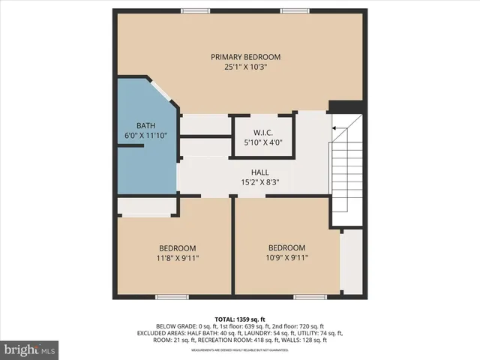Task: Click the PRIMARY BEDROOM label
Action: point(245,57)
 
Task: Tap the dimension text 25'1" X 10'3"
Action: point(245,67)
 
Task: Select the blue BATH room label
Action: point(145,125)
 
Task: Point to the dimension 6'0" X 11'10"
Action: point(145,135)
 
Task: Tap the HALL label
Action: point(259,172)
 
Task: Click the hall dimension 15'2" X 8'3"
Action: point(259,181)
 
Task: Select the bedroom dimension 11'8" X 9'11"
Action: point(177,258)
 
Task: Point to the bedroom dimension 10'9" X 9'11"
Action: point(287,257)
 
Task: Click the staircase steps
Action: point(346,172)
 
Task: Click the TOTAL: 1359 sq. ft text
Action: point(240,319)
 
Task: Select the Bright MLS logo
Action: point(29,349)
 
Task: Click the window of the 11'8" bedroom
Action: point(172,297)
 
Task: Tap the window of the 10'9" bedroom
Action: point(310,297)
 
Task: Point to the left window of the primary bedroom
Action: point(196,10)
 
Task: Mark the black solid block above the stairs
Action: point(346,106)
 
